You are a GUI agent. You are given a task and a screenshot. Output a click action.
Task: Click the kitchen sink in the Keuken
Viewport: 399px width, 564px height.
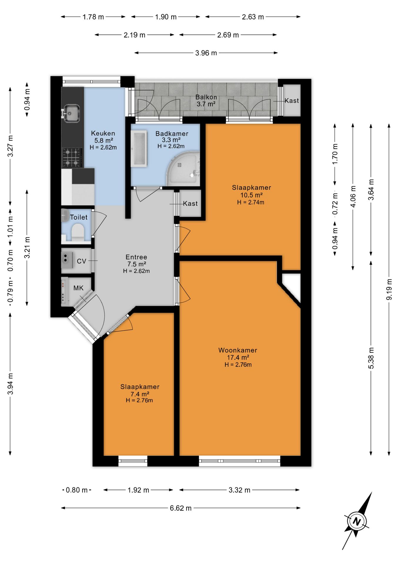[x=71, y=113]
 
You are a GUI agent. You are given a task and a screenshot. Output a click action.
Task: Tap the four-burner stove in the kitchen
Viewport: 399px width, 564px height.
[x=72, y=157]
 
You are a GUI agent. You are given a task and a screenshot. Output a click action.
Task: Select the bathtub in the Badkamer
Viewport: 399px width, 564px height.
[x=139, y=149]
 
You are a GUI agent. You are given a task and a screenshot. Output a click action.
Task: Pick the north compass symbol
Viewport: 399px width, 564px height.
[x=357, y=521]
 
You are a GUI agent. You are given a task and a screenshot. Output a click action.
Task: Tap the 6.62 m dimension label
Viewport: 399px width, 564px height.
[x=181, y=508]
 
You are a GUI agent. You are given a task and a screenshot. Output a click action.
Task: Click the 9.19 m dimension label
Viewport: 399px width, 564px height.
[x=389, y=289]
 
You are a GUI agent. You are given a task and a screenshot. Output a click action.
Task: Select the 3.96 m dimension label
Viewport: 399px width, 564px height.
[x=206, y=53]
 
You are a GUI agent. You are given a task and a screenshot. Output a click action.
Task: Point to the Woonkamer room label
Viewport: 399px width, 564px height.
[x=238, y=350]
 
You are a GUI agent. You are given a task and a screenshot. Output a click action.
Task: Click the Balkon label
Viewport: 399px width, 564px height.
[x=206, y=97]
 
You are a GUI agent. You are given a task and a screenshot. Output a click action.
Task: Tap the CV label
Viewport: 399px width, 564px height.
[x=81, y=261]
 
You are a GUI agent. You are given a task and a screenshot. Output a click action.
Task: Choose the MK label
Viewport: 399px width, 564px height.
[x=78, y=288]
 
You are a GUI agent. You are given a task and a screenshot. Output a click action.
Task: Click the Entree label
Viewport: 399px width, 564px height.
[x=136, y=257]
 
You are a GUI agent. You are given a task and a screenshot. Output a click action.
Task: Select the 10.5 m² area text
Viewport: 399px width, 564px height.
[x=251, y=195]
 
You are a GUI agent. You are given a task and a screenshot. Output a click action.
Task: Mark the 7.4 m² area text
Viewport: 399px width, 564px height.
[x=140, y=394]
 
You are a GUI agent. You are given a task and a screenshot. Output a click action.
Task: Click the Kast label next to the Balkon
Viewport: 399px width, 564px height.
[x=292, y=100]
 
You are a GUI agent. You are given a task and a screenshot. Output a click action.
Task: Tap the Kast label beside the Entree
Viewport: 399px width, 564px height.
[x=190, y=203]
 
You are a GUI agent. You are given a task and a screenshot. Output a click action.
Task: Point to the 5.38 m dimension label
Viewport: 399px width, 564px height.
[x=371, y=358]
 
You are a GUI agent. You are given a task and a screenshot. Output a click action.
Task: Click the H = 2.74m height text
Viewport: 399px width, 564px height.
[x=251, y=202]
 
